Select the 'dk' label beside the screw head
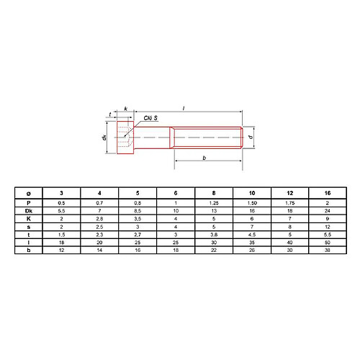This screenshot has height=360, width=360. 104,137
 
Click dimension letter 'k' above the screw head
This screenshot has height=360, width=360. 126,109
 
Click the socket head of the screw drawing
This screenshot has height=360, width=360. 127,137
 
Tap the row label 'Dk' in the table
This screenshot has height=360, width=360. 28,212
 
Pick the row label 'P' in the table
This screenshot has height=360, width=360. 28,203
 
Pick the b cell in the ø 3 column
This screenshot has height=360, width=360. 61,251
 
